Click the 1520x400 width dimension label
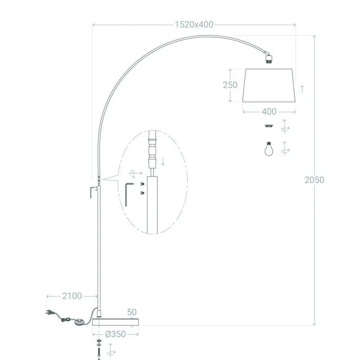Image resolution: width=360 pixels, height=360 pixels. (194, 25)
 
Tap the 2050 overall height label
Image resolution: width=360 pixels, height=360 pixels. (314, 180)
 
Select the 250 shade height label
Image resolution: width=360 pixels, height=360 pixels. (230, 85)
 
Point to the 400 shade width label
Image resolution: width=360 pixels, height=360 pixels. (269, 112)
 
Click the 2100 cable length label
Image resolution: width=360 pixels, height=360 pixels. (72, 296)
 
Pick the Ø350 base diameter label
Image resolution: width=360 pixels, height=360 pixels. (116, 334)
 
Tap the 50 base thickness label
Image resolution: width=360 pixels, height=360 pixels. (132, 312)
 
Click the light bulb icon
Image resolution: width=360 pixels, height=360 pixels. (269, 148)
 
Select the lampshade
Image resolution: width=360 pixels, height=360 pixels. (269, 85)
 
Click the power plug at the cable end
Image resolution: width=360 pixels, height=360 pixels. (49, 312)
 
